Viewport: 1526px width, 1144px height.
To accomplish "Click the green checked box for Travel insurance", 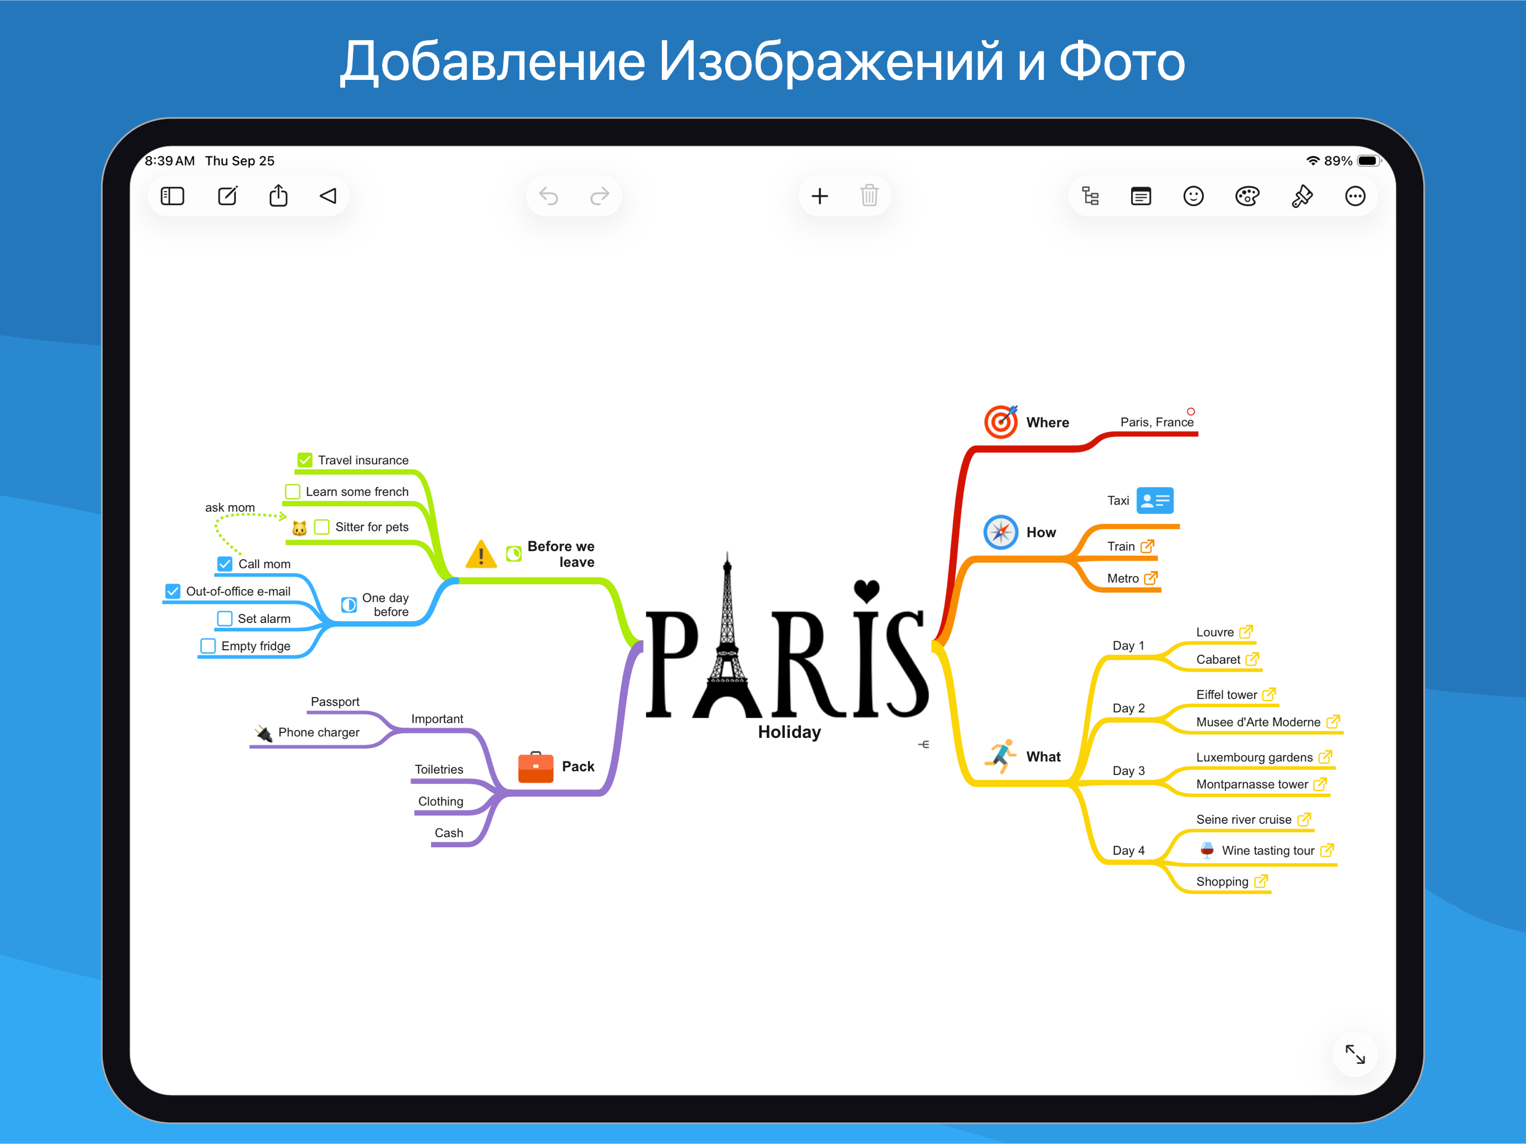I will point(305,460).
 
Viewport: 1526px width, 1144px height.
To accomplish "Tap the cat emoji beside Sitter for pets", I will point(299,528).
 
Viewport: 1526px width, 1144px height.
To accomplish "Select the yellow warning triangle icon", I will point(481,554).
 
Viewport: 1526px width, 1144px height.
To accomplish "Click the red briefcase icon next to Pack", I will point(535,766).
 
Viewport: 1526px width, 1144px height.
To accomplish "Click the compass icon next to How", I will point(1000,532).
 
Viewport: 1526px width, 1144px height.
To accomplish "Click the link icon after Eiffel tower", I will point(1269,694).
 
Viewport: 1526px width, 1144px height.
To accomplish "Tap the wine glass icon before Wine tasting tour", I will point(1207,850).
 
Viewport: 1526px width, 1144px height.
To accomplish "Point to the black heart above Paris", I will point(866,590).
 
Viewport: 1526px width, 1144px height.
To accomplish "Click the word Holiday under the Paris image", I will point(789,732).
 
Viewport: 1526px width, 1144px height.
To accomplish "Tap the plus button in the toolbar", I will point(819,196).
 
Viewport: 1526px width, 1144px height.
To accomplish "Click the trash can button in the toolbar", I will point(869,196).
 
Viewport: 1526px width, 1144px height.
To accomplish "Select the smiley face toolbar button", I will point(1194,196).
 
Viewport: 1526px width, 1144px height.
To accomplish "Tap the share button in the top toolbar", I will point(278,196).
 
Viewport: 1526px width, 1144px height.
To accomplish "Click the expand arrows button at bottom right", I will point(1355,1054).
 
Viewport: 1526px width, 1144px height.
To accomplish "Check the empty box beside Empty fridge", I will point(208,646).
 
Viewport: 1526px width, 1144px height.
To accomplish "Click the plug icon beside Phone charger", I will point(264,733).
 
